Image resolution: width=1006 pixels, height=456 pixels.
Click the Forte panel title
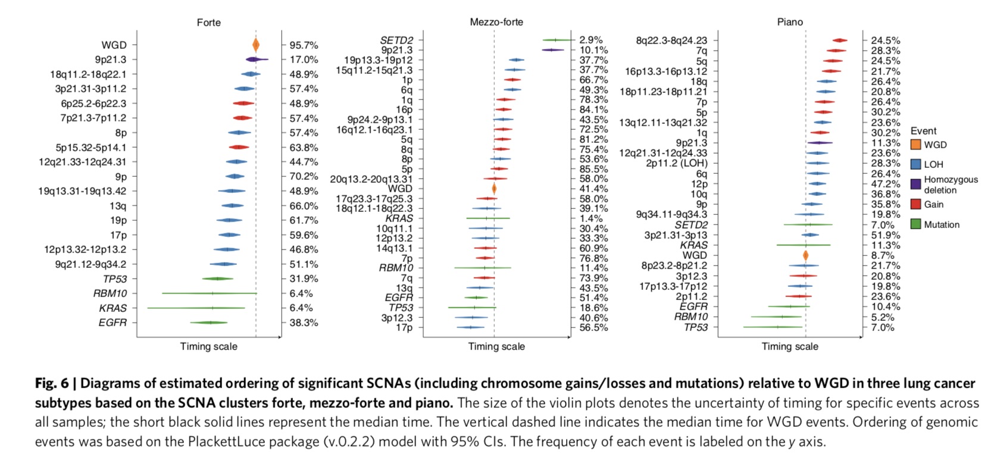(208, 23)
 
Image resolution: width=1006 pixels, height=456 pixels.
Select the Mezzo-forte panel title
(496, 22)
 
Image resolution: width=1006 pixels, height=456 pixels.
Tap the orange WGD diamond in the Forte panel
(256, 45)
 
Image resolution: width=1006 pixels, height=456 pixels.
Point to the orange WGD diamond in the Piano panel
(805, 255)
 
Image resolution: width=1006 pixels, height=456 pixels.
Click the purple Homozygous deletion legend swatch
(916, 184)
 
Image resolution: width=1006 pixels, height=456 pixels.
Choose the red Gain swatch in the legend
(916, 204)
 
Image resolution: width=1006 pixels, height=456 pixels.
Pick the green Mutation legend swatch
(916, 224)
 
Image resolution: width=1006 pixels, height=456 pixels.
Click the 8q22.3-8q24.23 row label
(671, 40)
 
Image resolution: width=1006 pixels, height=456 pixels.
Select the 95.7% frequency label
(304, 45)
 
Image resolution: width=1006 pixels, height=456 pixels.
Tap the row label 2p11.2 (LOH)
(677, 163)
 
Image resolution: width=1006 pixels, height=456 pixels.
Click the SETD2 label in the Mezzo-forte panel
(396, 40)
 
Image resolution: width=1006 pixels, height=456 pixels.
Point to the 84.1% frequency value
(593, 110)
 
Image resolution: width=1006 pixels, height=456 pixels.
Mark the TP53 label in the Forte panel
(115, 279)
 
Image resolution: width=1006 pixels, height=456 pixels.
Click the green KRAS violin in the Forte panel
(196, 308)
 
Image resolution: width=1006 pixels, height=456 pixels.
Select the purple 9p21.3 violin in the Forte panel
(256, 60)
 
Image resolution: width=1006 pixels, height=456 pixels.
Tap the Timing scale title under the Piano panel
(790, 346)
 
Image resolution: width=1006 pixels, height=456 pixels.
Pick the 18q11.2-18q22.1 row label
(88, 74)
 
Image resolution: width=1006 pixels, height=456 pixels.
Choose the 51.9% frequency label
(886, 235)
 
